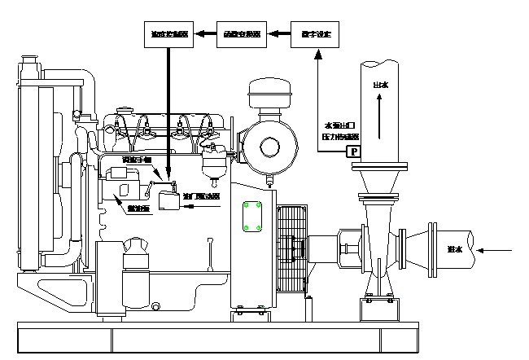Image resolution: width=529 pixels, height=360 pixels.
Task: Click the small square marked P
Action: click(x=353, y=151)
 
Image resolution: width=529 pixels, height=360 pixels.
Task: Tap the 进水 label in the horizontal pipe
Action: click(x=455, y=249)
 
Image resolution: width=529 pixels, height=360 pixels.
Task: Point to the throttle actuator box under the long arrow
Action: click(x=169, y=199)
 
